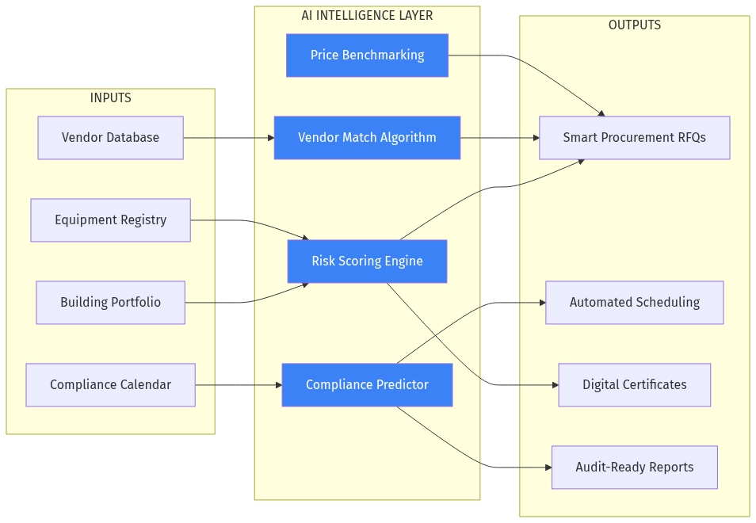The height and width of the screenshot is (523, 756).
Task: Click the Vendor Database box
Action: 110,138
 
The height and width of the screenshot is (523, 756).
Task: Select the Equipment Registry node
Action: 110,220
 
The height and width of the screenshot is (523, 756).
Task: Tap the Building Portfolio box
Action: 110,303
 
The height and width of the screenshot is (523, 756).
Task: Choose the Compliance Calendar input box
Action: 110,385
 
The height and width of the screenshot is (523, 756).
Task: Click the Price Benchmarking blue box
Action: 367,55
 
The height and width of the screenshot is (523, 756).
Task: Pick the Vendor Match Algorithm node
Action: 367,138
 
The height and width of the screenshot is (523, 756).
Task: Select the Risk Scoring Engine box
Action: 367,261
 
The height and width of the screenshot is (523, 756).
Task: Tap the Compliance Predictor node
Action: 367,385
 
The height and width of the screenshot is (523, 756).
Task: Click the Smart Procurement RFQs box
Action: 634,138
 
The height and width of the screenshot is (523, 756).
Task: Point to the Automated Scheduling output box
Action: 634,303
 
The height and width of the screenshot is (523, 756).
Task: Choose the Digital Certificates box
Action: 634,385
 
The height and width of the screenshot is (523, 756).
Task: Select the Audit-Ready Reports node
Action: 634,468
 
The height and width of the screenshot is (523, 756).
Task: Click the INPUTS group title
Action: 110,98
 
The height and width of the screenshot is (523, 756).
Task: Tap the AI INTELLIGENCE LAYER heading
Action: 367,16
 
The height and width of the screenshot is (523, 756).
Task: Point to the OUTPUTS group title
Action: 634,25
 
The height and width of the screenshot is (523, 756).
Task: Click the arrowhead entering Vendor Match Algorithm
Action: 269,138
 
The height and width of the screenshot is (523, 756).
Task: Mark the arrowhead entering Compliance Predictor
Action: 277,385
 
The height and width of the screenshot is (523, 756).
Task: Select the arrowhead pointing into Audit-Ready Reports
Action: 547,468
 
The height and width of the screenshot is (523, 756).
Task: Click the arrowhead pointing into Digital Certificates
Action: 554,385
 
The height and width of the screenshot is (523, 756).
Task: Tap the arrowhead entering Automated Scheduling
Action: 541,303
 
